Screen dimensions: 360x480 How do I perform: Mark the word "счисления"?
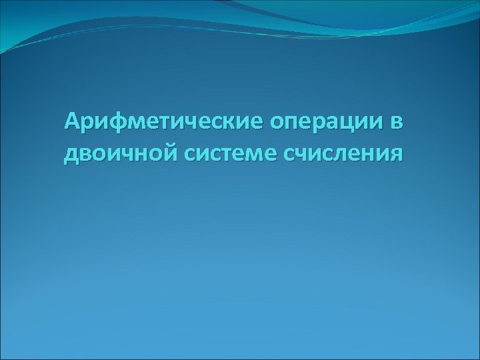pyautogui.click(x=343, y=155)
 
